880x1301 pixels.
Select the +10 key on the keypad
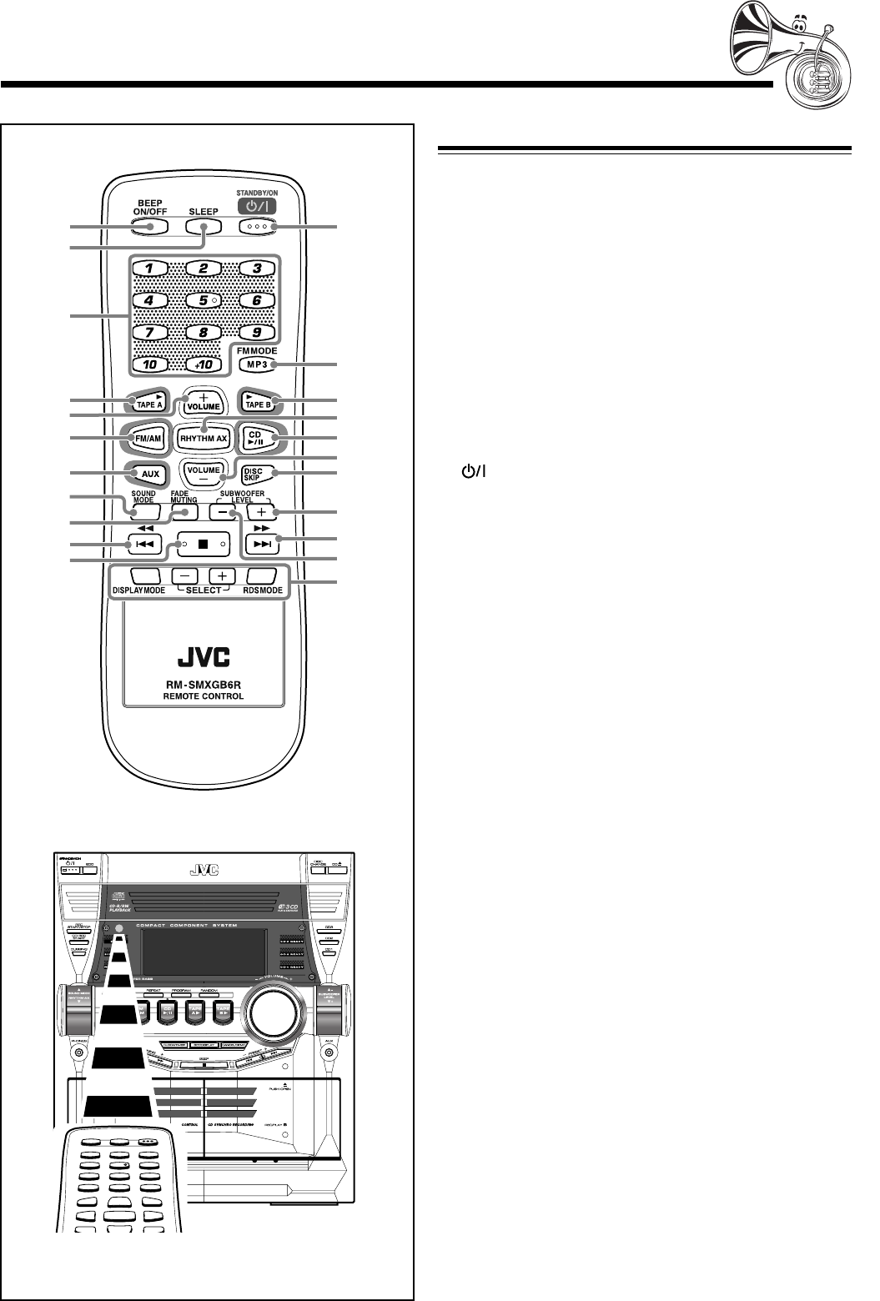coord(204,364)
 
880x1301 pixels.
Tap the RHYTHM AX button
coord(204,438)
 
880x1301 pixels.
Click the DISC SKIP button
coord(259,475)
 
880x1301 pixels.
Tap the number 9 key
coord(259,331)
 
